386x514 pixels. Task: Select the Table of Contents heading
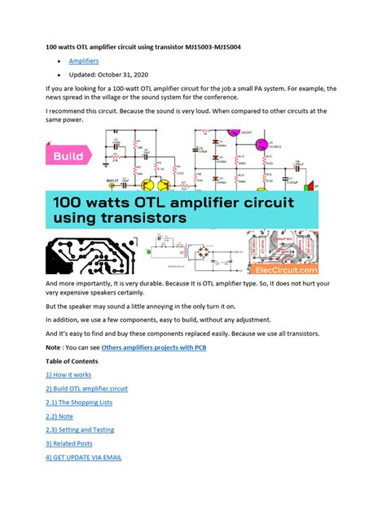pos(73,360)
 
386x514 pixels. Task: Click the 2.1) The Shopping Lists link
pos(80,402)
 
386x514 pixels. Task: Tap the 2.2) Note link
pos(60,416)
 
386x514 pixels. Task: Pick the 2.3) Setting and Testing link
pos(81,429)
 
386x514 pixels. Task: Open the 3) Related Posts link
pos(69,443)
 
